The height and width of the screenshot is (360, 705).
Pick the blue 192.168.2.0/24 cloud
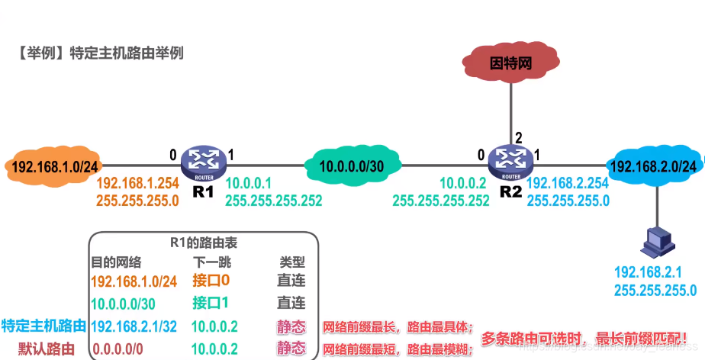(x=654, y=166)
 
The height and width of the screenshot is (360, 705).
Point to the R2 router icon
(x=509, y=161)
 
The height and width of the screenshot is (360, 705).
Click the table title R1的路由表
(x=203, y=243)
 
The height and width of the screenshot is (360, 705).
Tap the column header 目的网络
(x=116, y=262)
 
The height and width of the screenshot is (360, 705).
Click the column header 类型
(x=291, y=262)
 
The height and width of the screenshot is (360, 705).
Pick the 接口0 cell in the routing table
(x=211, y=281)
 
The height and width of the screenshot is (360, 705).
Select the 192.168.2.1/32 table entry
(x=134, y=326)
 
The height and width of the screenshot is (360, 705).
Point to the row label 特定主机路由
(x=43, y=326)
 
